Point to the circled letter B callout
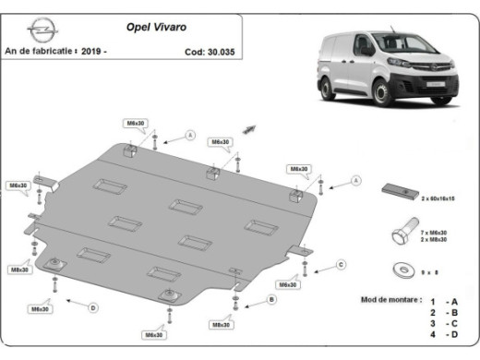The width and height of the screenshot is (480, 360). pyautogui.click(x=271, y=299)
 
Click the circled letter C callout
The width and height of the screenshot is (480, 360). pyautogui.click(x=340, y=265)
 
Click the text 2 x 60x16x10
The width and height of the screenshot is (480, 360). pyautogui.click(x=442, y=198)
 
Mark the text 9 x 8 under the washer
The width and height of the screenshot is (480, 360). pyautogui.click(x=431, y=271)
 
